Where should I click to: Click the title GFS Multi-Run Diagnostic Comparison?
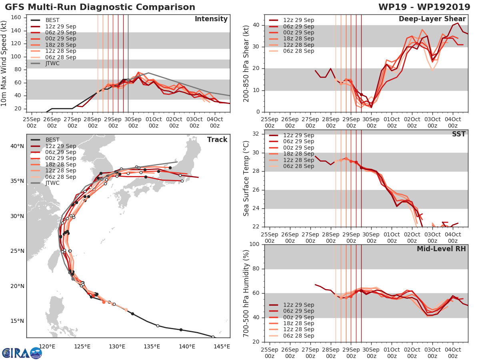(100, 7)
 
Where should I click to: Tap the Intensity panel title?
(211, 19)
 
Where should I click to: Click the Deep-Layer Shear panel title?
(432, 19)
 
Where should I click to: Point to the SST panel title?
(458, 134)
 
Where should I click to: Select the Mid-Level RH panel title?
(441, 249)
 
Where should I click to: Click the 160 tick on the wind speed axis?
(16, 18)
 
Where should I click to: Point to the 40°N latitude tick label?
(17, 146)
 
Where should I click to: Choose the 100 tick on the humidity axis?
(254, 244)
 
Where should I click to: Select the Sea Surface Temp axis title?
(246, 179)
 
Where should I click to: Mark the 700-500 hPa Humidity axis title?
(246, 293)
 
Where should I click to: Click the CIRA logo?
(22, 353)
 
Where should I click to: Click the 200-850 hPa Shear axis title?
(246, 63)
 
